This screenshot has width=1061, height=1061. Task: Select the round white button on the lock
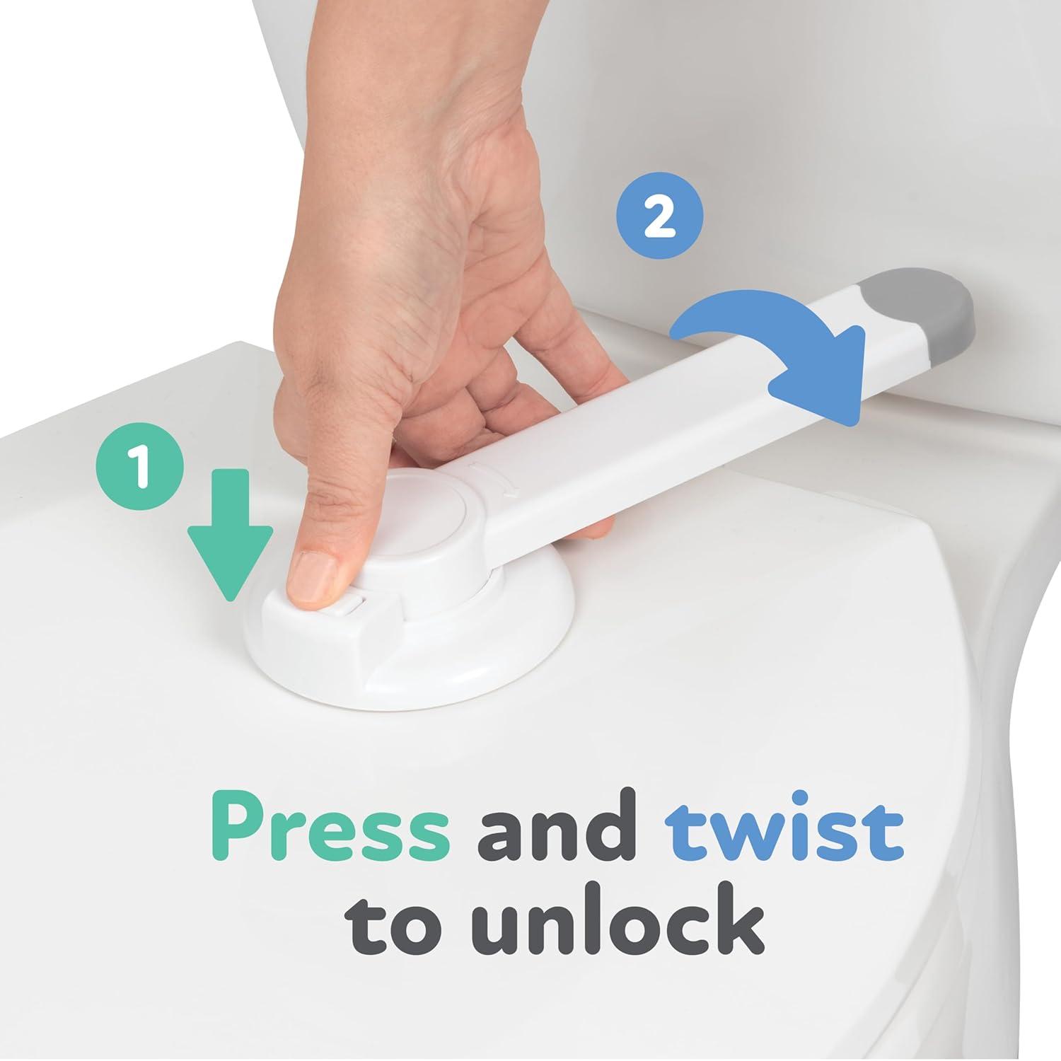(x=424, y=511)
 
